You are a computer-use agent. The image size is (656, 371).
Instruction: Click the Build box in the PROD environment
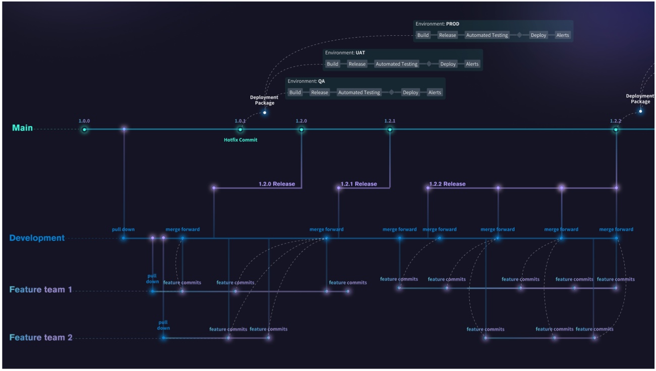coord(423,35)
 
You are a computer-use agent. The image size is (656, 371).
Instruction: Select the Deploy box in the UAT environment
coord(448,64)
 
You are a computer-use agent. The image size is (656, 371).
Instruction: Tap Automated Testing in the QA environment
coord(359,93)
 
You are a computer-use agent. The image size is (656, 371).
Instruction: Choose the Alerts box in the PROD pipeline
coord(562,35)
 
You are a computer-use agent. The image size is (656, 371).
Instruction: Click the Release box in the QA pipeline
coord(319,93)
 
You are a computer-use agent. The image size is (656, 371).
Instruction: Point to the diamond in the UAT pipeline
coord(429,64)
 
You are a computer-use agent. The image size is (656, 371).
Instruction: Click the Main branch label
coord(22,128)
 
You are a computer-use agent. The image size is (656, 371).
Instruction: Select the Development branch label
coord(37,238)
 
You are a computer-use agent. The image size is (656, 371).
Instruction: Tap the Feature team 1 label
coord(40,290)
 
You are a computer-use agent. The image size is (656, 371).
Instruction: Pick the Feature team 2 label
coord(40,338)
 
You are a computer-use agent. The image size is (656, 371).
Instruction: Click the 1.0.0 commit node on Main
coord(84,130)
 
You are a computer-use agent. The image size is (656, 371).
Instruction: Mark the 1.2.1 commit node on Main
coord(390,130)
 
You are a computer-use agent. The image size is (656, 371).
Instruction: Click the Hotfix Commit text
coord(240,140)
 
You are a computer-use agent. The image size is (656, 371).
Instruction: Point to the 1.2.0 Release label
coord(277,184)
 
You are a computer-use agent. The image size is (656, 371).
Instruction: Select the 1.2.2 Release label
coord(447,184)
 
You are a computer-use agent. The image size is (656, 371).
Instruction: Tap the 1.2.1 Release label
coord(358,184)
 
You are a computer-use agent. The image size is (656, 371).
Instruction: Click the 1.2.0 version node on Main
coord(301,130)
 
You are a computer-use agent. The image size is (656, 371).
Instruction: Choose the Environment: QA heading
coord(306,81)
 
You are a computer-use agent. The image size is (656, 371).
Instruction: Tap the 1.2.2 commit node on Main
coord(616,130)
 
